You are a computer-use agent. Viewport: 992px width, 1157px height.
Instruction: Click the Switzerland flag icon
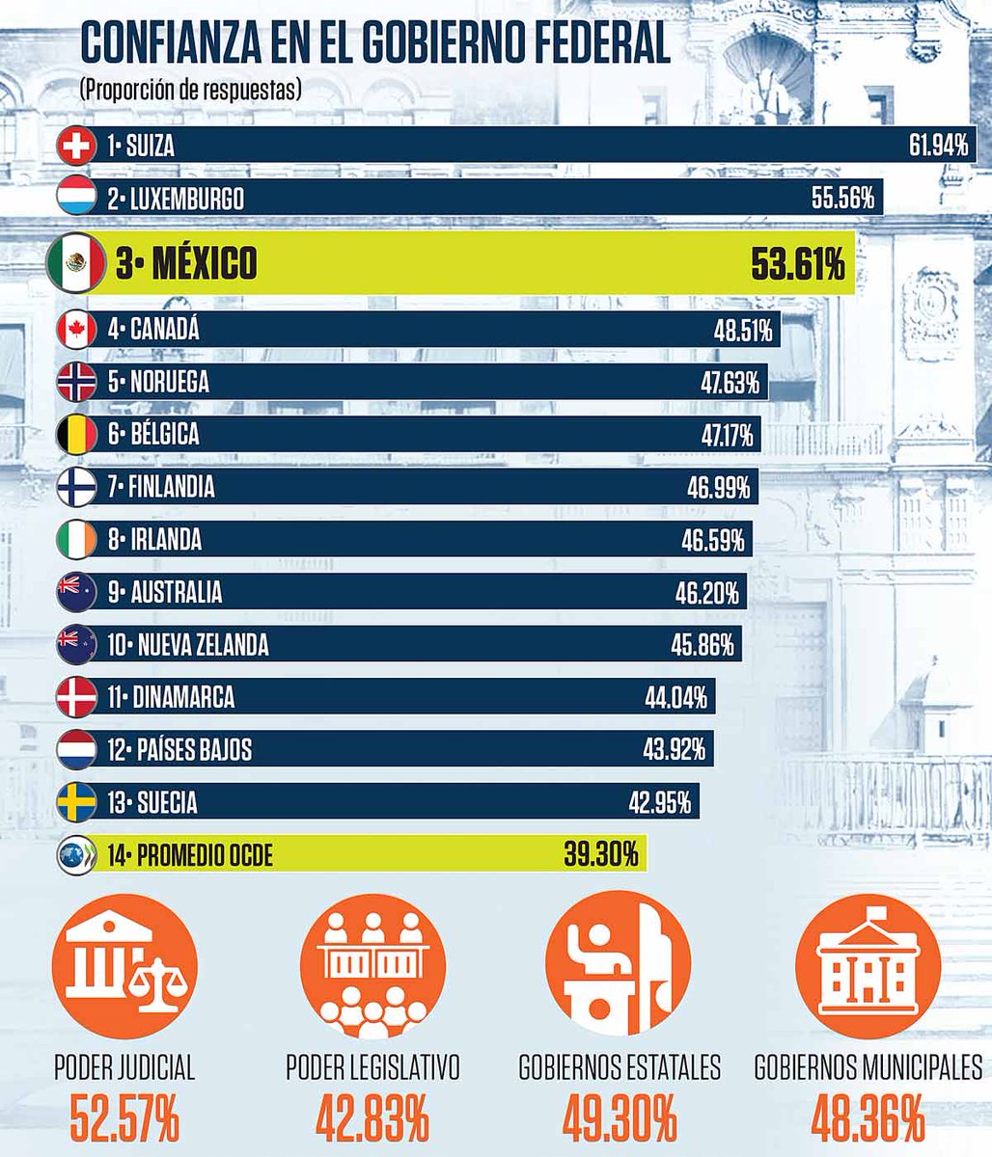pos(76,147)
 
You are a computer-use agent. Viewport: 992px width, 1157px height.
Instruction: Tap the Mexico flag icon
pos(75,263)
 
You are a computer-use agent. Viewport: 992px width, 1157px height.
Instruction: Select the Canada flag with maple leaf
pos(76,330)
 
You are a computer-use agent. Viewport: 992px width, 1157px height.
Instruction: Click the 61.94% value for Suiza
pos(938,147)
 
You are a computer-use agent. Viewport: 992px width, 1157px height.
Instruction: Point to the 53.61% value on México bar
pos(798,264)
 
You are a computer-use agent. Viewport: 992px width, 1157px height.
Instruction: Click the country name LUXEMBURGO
pos(184,200)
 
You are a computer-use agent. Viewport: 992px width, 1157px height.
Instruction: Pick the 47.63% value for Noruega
pos(730,383)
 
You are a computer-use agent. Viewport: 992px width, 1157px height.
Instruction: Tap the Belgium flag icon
pos(76,434)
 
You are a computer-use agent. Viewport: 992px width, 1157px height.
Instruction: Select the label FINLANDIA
pos(171,487)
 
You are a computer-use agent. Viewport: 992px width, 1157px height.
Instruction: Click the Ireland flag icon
pos(76,539)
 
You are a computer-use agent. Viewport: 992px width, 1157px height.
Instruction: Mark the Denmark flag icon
pos(76,697)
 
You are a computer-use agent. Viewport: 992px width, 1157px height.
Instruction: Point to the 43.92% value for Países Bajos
pos(674,749)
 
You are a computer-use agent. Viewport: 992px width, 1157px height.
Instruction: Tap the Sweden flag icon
pos(76,802)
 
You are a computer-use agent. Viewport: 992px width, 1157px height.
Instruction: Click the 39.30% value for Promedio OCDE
pos(599,854)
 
